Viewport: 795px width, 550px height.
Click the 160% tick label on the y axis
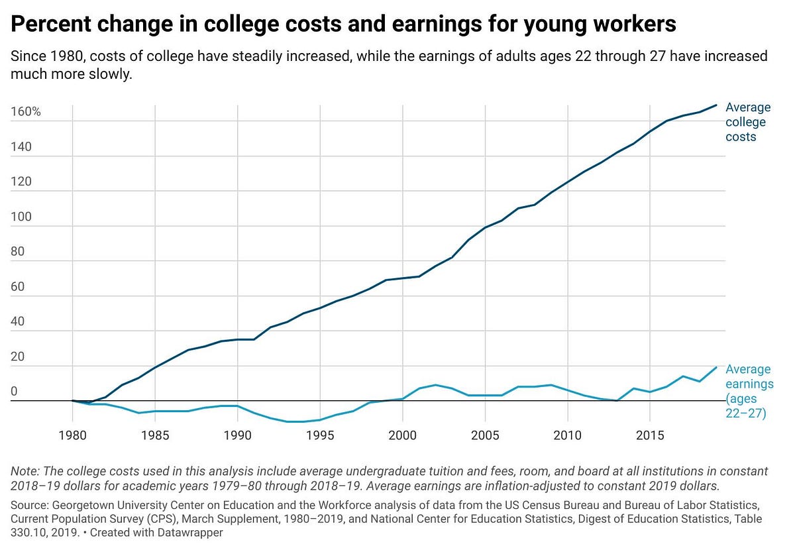(x=26, y=111)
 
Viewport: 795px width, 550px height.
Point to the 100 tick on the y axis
(x=21, y=217)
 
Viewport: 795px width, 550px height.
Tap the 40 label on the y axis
(x=17, y=321)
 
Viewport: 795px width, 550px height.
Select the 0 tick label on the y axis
(x=14, y=391)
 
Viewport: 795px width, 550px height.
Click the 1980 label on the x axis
(x=72, y=435)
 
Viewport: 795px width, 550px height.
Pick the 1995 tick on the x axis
(x=320, y=435)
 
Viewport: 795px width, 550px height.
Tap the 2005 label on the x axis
(x=485, y=435)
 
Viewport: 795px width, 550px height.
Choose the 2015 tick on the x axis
(x=650, y=435)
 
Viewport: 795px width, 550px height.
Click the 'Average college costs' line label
(x=748, y=122)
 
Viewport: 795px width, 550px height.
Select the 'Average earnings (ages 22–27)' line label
(x=749, y=391)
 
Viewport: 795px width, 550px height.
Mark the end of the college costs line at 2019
(x=716, y=105)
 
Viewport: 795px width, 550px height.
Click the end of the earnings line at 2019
(x=716, y=368)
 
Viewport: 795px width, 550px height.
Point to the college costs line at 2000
(x=403, y=278)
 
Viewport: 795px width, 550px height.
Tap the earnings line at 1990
(x=237, y=406)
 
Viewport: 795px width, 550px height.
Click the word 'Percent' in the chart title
(x=51, y=24)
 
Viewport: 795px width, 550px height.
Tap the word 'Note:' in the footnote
(x=25, y=471)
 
